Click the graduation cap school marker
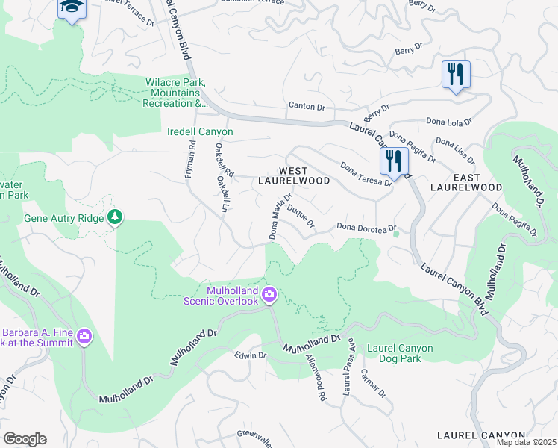pos(72,8)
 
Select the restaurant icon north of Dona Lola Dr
pos(456,75)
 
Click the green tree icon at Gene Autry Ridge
pos(114,217)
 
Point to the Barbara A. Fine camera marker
pos(84,337)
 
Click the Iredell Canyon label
pos(200,132)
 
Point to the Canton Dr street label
pos(307,108)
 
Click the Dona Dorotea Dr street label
pos(364,227)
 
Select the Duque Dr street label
pos(301,216)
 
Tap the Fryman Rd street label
pos(189,161)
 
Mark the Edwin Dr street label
pos(250,355)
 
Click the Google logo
pos(25,439)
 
